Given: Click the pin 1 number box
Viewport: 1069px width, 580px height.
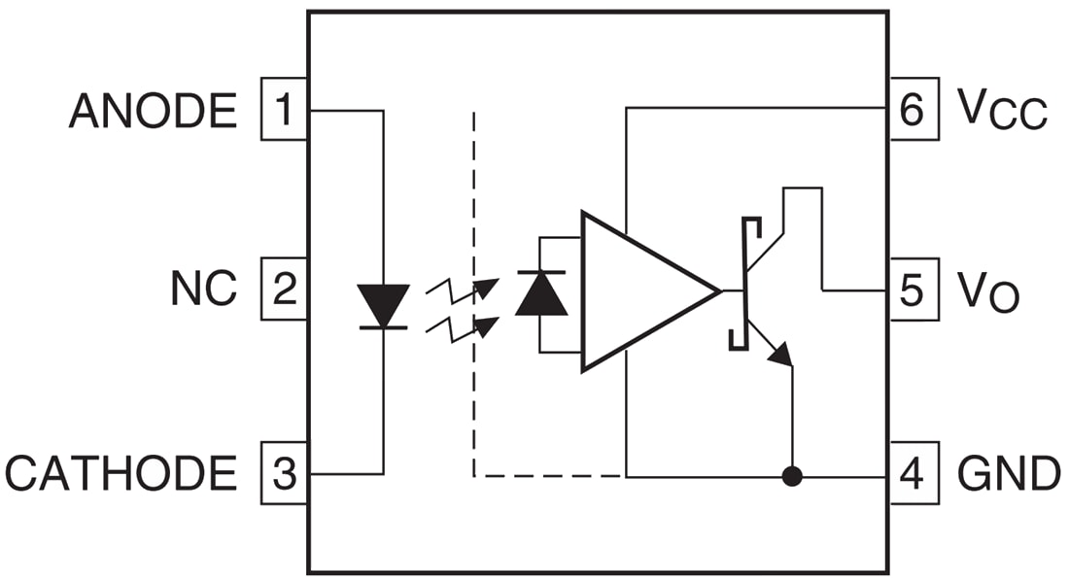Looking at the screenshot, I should coord(284,110).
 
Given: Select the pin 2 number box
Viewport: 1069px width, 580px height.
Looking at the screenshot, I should coord(284,290).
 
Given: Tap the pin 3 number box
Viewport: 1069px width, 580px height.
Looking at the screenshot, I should coord(284,473).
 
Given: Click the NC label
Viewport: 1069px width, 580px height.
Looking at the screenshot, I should coord(203,290).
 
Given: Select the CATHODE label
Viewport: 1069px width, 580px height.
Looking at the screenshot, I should coord(121,474).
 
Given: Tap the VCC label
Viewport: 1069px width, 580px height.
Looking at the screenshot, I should coord(1001,110).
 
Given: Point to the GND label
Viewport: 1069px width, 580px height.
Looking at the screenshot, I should coord(1008,474).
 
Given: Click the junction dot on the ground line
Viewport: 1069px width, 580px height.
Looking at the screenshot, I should coord(792,477).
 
